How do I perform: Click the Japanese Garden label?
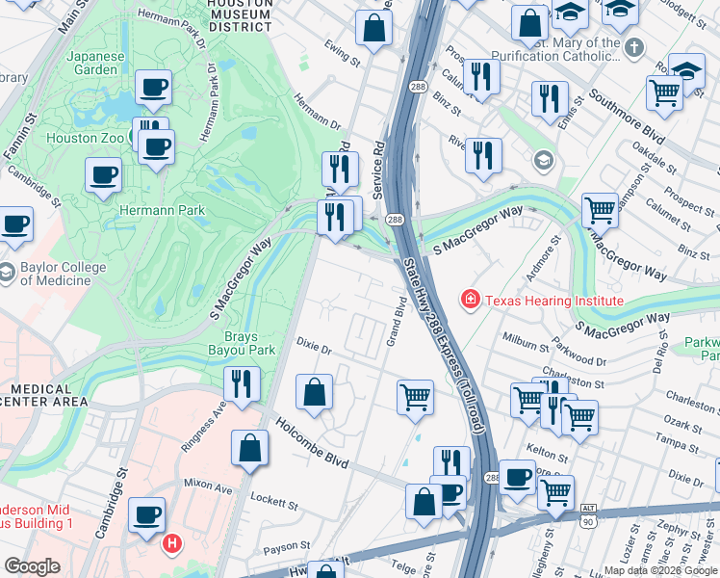pyautogui.click(x=95, y=64)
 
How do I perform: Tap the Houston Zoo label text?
pyautogui.click(x=85, y=138)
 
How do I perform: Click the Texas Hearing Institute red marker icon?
pyautogui.click(x=471, y=301)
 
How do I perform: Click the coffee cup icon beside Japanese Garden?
pyautogui.click(x=153, y=89)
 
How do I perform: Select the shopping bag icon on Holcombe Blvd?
pyautogui.click(x=249, y=448)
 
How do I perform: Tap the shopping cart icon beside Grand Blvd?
pyautogui.click(x=415, y=396)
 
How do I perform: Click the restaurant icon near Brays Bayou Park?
pyautogui.click(x=242, y=382)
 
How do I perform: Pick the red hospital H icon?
pyautogui.click(x=172, y=543)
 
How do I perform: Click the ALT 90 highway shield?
pyautogui.click(x=588, y=513)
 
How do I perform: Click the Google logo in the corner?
pyautogui.click(x=32, y=566)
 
